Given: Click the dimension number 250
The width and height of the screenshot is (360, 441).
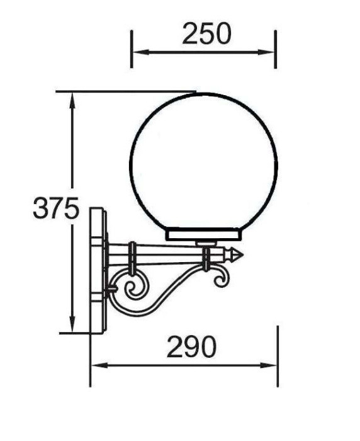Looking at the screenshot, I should coord(206,33).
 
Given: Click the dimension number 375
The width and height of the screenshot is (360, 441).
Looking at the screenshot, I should coord(56,209).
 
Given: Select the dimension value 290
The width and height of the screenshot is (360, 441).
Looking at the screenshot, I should coord(192,346).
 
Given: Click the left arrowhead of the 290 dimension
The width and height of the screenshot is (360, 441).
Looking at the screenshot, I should coord(96,365).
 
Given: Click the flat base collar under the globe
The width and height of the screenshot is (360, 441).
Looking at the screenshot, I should coord(203,235).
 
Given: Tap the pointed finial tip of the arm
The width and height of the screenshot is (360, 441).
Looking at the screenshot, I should coord(241,255).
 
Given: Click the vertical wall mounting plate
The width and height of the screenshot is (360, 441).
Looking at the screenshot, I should coord(98,271).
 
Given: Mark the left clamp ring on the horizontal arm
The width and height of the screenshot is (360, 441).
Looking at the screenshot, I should coord(133,258).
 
